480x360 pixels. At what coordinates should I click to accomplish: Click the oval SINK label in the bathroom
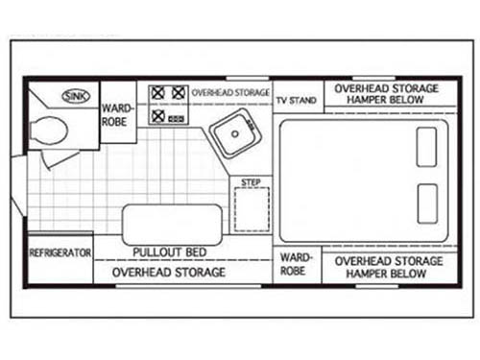76,96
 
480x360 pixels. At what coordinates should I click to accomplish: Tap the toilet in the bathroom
49,131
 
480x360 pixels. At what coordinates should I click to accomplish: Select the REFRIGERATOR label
60,252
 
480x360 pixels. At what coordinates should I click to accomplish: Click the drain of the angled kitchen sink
235,134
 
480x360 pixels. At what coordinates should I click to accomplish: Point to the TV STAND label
297,101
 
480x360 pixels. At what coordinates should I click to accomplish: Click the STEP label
251,182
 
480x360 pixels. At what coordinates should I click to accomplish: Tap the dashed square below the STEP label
252,209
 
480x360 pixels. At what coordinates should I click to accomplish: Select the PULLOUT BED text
170,252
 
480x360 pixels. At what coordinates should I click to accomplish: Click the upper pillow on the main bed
426,147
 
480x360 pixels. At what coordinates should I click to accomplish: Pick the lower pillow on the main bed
427,204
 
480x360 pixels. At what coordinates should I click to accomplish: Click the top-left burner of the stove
157,93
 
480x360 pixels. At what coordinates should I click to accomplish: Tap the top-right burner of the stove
179,93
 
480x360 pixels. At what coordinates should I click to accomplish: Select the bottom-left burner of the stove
158,116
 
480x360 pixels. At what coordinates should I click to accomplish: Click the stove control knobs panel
177,119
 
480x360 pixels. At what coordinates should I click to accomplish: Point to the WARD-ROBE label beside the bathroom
117,115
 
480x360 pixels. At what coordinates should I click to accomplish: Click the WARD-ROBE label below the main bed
296,264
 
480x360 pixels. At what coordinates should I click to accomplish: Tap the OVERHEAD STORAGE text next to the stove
230,93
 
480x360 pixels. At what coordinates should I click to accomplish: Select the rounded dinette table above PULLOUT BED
172,225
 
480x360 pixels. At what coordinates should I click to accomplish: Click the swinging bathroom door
60,160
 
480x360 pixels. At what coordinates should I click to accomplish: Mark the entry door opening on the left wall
18,185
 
